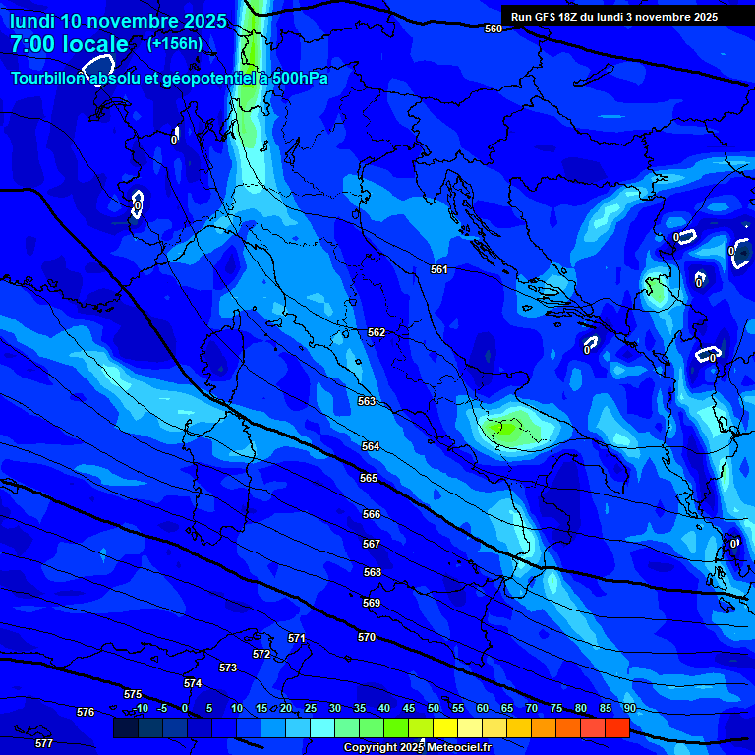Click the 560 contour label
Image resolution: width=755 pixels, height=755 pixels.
494,29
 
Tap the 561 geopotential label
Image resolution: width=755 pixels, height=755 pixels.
439,269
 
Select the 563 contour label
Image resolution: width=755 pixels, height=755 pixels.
367,401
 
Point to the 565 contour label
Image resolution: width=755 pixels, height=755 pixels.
369,478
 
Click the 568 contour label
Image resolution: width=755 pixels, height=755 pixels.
372,572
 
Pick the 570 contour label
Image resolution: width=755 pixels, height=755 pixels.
367,637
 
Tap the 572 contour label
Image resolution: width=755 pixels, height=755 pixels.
261,654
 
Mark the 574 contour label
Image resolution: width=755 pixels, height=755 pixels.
193,683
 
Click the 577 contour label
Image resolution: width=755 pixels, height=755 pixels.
44,743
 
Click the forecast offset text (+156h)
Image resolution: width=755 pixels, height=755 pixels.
175,43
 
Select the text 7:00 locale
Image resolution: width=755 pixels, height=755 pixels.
70,44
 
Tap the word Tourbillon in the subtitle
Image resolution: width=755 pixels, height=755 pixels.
50,78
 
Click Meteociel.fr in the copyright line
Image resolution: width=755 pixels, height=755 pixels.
458,748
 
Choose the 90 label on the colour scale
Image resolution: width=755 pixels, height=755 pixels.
629,708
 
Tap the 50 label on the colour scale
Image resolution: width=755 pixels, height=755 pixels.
434,708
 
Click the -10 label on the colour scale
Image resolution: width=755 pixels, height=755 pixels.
139,708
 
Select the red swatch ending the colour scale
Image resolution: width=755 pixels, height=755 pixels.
616,727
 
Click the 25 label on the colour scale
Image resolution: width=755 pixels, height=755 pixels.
311,708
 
